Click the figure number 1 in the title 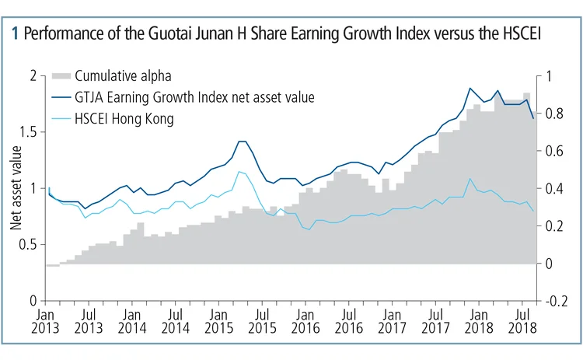(16, 35)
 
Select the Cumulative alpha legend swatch (61, 75)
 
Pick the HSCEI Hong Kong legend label (124, 118)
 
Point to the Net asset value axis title (16, 188)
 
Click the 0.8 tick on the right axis (553, 114)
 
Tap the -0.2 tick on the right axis (554, 301)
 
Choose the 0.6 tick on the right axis (553, 151)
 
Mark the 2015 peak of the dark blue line (242, 142)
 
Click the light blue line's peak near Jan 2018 (470, 179)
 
